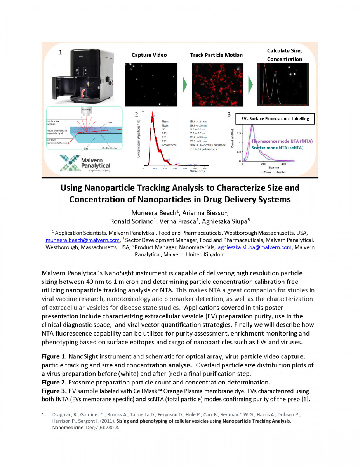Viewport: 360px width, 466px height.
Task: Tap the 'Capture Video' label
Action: [x=149, y=55]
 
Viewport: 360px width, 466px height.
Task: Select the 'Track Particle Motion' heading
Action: [x=216, y=55]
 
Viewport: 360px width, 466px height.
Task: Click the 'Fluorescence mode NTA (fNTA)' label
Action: [x=282, y=141]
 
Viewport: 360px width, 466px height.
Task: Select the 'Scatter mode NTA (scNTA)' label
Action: [x=277, y=148]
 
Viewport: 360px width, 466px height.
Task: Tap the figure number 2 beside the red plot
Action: [x=136, y=114]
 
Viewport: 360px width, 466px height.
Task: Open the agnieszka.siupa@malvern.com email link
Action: [x=254, y=247]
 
